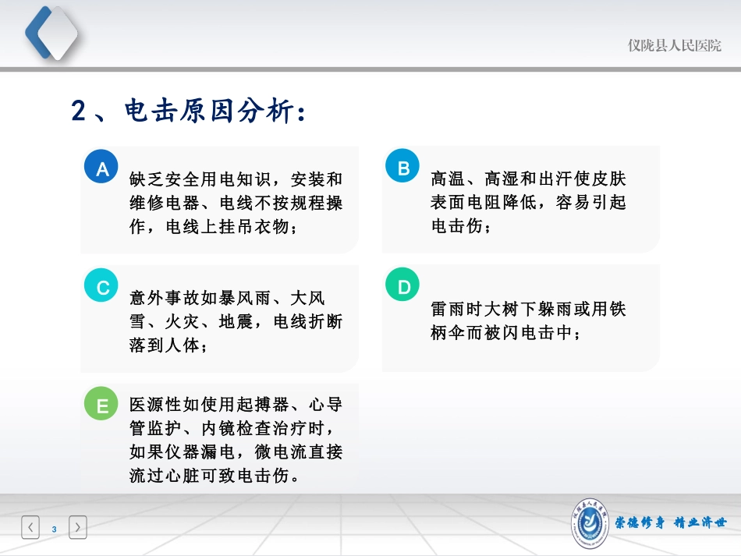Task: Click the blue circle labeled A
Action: [x=101, y=168]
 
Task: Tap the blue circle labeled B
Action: [x=403, y=168]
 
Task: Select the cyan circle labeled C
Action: [x=101, y=287]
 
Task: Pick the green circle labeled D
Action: [x=403, y=287]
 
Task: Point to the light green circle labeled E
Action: [x=101, y=405]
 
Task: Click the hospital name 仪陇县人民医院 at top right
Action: [x=675, y=45]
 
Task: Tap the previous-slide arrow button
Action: [x=30, y=528]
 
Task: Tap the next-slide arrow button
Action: [x=78, y=528]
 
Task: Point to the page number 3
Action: [x=54, y=529]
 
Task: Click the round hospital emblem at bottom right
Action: [x=590, y=521]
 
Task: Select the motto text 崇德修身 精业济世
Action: [x=670, y=522]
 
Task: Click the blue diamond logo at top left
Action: [x=51, y=32]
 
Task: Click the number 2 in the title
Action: [x=78, y=112]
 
